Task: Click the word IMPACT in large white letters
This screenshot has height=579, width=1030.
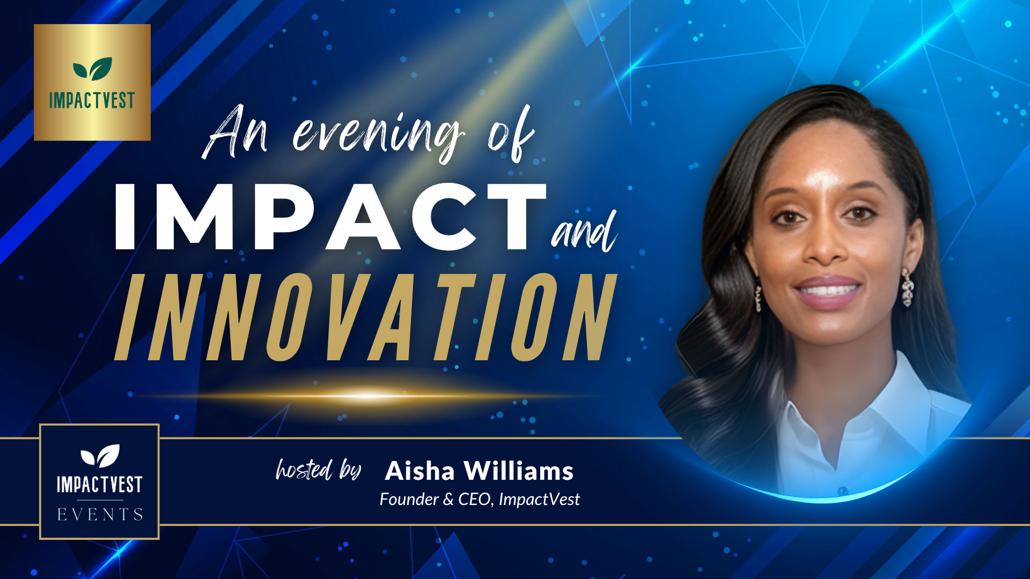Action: [x=330, y=217]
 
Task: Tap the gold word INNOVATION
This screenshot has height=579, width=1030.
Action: [x=365, y=317]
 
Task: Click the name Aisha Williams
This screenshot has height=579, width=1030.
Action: [x=479, y=471]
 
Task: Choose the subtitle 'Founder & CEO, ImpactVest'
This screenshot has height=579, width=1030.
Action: [x=479, y=500]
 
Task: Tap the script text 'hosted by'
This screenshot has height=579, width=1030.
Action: [x=318, y=470]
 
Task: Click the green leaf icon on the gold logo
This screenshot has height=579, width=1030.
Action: [x=92, y=69]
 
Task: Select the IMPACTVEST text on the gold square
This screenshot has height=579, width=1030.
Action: [x=92, y=101]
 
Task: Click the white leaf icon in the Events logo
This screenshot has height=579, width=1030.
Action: [x=100, y=455]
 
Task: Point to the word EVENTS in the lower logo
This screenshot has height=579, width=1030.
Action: [x=100, y=515]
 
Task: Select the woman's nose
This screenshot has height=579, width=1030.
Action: [x=826, y=247]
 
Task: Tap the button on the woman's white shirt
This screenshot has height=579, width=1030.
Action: [x=842, y=491]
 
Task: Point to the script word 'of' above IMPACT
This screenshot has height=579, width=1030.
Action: [x=510, y=134]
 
